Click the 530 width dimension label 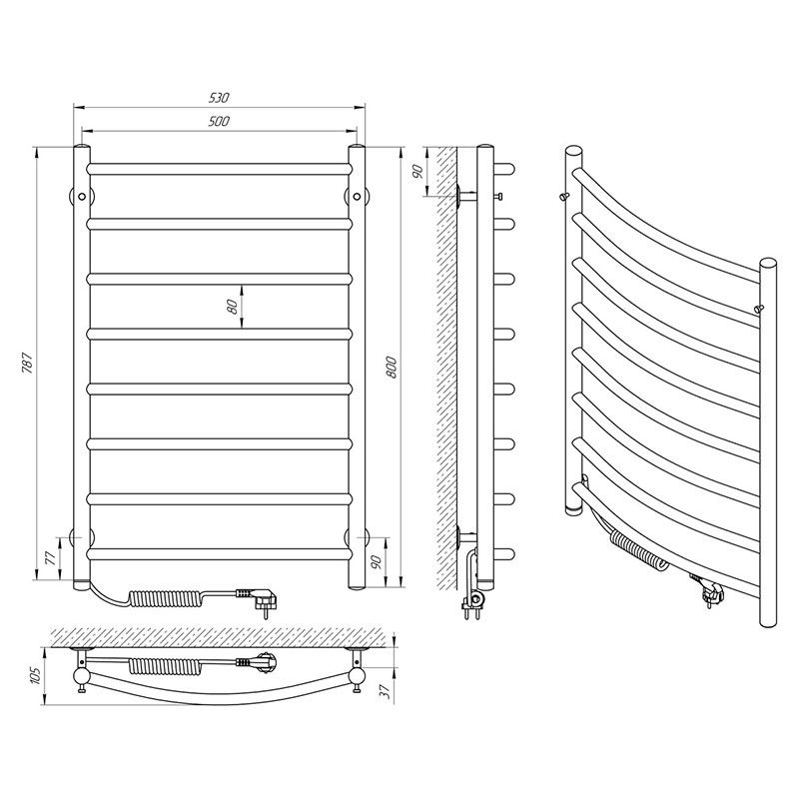click(219, 97)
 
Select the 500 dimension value click(219, 121)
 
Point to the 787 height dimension click(28, 363)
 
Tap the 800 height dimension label click(392, 367)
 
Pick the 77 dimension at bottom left click(50, 559)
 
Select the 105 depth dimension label click(35, 676)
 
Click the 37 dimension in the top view click(386, 690)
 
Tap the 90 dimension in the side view click(417, 172)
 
